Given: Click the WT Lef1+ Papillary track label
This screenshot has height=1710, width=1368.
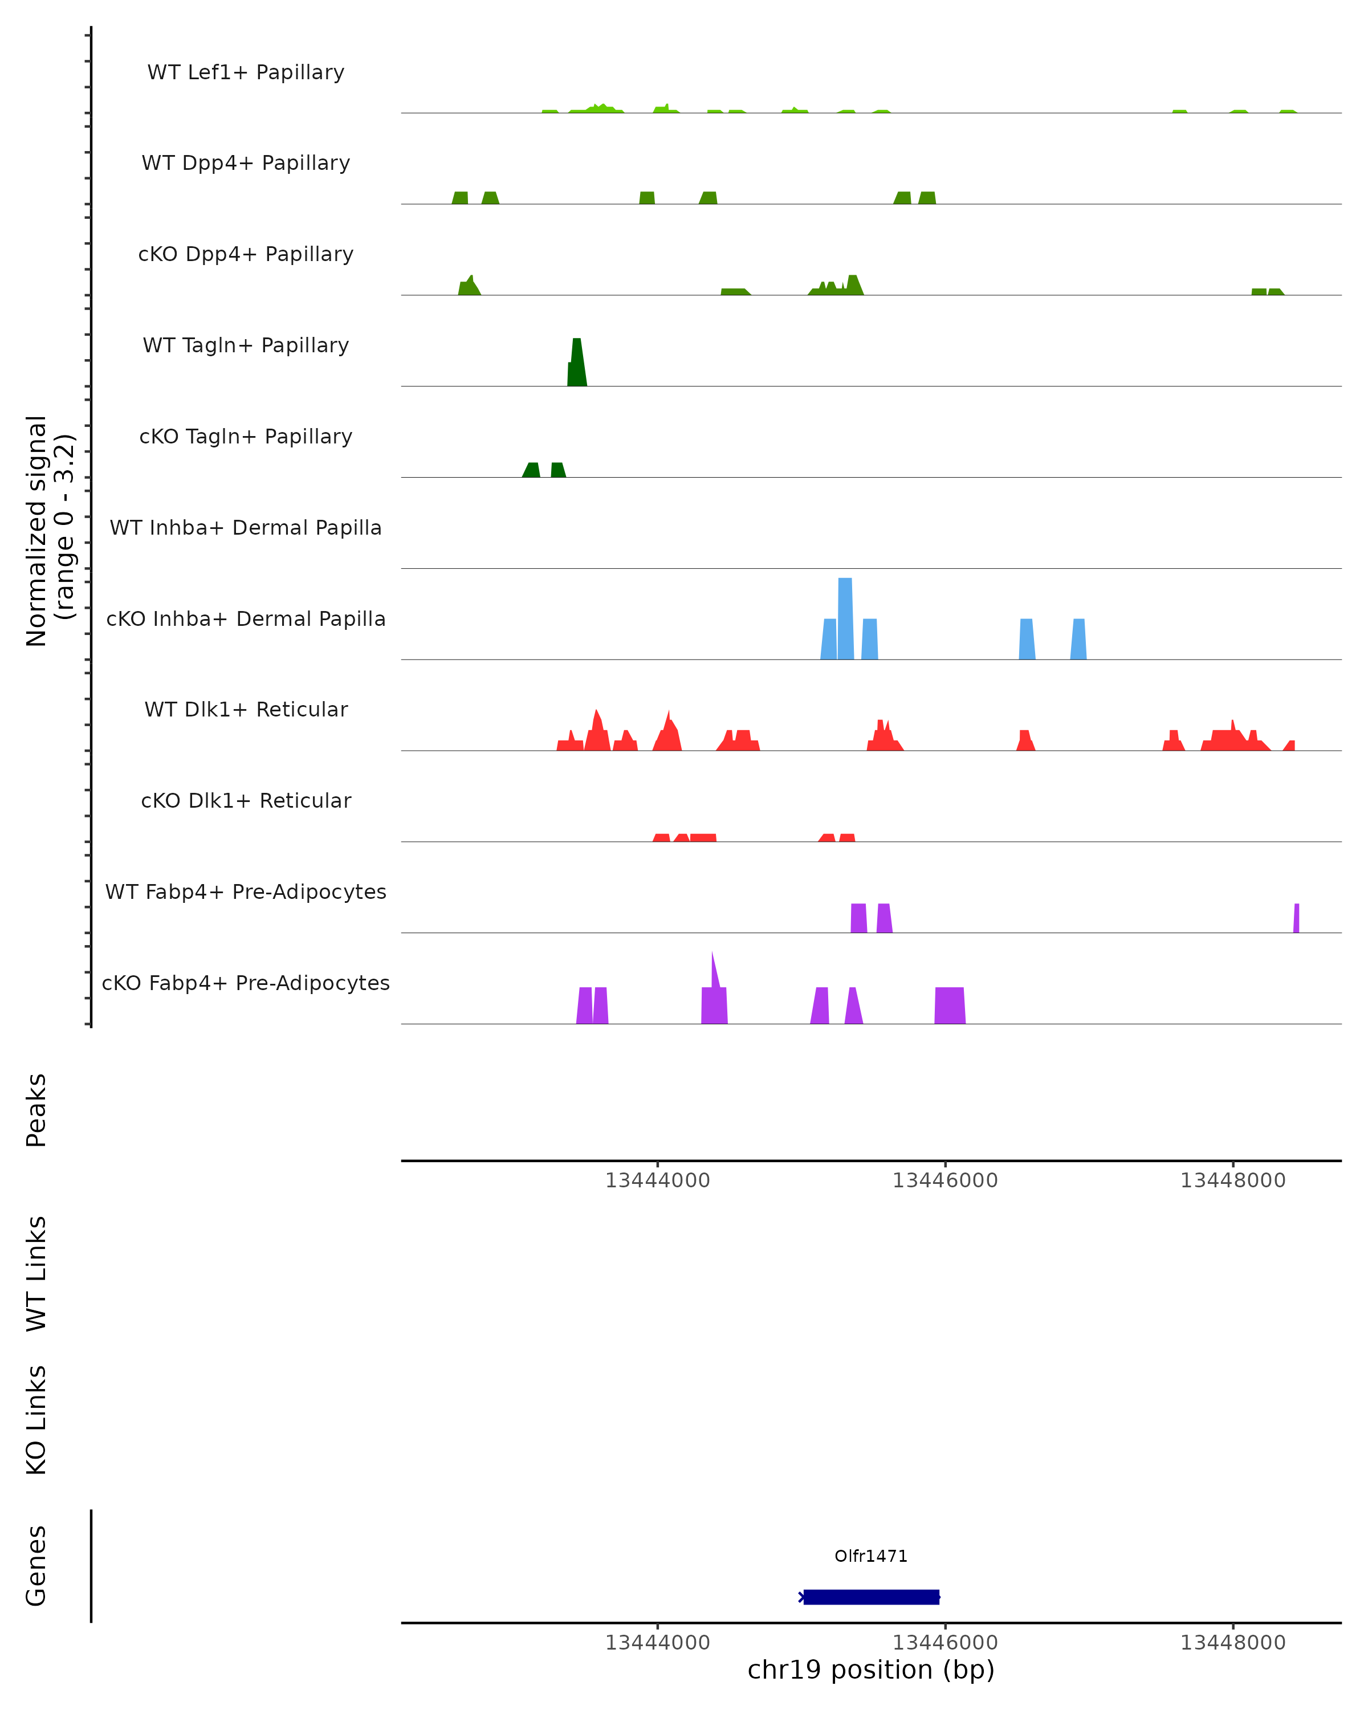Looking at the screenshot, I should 246,72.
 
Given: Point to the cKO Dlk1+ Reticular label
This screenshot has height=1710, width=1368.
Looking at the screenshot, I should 246,800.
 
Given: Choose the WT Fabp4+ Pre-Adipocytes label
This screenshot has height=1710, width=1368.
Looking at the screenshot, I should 246,891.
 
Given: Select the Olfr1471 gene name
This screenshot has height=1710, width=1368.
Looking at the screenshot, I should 871,1556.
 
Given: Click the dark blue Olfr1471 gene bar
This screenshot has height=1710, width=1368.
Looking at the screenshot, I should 871,1597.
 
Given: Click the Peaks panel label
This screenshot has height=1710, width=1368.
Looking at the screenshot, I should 36,1110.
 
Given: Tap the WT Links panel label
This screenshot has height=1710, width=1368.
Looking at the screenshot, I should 36,1274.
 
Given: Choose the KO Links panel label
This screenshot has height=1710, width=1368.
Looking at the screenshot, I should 36,1420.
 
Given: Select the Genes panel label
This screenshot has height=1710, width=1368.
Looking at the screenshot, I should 36,1566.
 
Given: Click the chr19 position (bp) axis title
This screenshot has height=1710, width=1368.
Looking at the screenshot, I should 871,1670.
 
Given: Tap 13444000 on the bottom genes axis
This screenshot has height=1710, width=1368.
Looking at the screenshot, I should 657,1643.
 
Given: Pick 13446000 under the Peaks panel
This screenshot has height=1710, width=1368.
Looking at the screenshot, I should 944,1181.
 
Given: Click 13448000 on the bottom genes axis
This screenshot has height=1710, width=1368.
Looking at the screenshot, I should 1232,1643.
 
